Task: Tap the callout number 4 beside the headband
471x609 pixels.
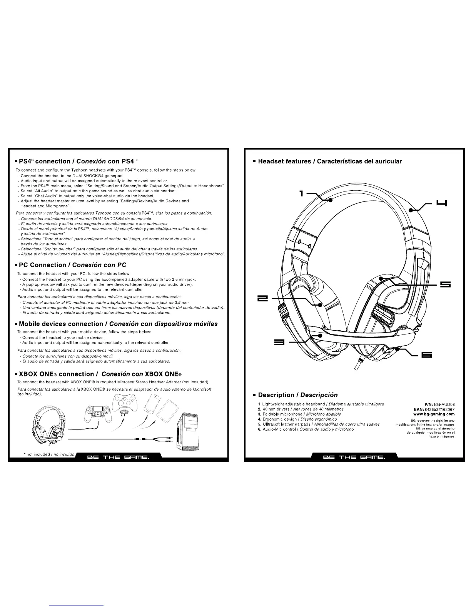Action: coord(441,203)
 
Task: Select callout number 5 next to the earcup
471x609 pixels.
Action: coord(445,285)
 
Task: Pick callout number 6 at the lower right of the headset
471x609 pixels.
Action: coord(426,355)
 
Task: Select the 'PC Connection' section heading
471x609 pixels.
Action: coord(72,265)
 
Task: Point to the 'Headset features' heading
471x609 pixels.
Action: coord(329,161)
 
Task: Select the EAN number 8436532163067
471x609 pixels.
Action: coord(434,409)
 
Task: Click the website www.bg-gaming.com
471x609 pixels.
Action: coord(434,414)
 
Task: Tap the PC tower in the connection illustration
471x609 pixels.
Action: coord(188,433)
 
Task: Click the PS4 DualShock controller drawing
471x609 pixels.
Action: coord(96,414)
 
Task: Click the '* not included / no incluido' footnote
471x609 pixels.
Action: coord(48,454)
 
